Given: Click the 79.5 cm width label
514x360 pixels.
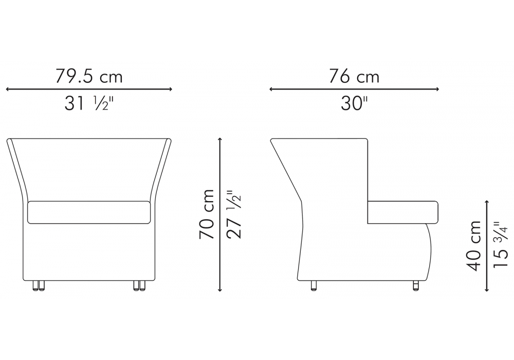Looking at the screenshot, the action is click(x=88, y=77).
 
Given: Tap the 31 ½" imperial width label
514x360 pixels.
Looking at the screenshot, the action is click(x=88, y=103).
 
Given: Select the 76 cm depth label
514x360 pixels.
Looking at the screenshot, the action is click(x=354, y=77).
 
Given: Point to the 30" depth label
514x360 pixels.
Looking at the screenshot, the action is click(x=354, y=103).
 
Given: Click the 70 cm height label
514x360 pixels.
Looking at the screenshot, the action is click(x=207, y=214).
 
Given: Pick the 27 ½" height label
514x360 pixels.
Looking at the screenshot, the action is click(x=234, y=214).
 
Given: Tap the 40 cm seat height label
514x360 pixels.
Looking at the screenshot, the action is click(x=473, y=246).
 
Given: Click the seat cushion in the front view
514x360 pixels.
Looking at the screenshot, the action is click(x=89, y=212).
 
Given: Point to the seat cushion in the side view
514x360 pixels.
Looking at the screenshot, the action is click(x=403, y=212).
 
